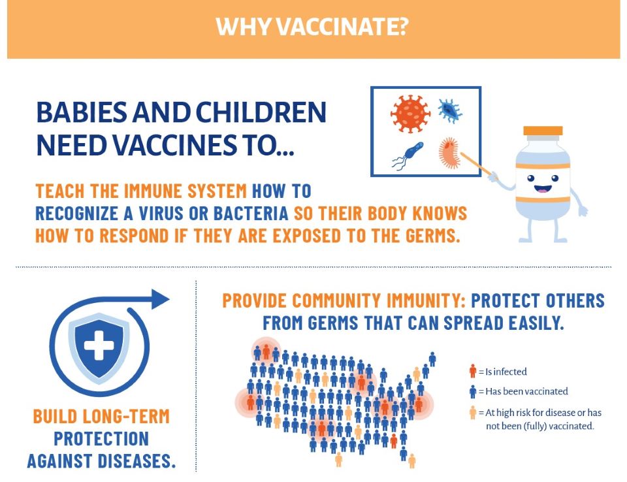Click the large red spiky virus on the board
point(410,114)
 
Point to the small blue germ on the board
point(450,111)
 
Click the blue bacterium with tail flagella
point(408,155)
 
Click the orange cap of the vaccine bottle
point(543,131)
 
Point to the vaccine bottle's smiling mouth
point(543,188)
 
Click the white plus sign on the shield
point(99,345)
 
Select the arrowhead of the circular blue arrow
point(161,299)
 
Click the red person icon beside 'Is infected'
point(473,371)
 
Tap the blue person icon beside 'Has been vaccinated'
point(473,391)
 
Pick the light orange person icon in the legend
point(473,412)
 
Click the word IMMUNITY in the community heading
point(426,301)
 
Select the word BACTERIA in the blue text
point(251,213)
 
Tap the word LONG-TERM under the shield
point(126,417)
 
